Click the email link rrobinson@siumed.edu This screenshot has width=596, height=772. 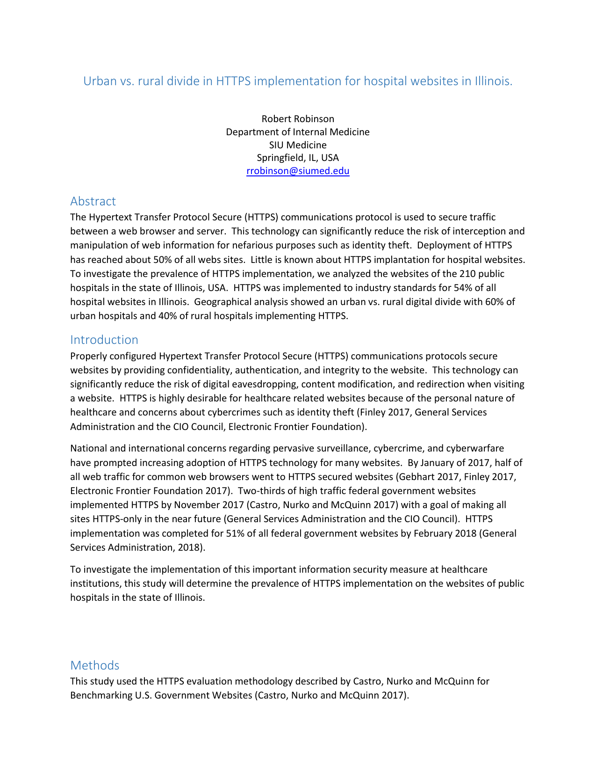298,171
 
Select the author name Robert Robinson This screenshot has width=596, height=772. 298,119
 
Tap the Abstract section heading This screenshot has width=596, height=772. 93,201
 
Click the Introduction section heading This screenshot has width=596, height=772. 104,340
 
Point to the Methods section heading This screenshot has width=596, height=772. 94,665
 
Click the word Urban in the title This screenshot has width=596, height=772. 100,81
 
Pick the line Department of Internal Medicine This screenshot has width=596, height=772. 298,132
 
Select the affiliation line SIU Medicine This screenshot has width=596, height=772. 298,145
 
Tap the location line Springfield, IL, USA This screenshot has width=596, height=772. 298,158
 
